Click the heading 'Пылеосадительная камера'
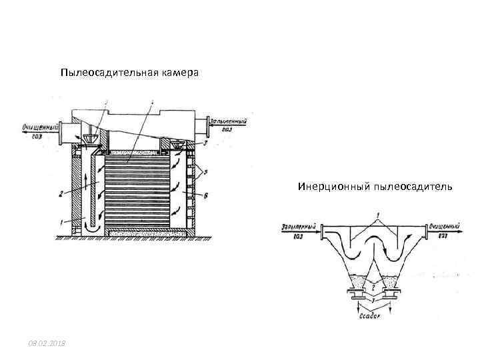tap(129, 72)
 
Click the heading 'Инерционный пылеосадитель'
tap(375, 187)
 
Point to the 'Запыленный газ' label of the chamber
tap(229, 125)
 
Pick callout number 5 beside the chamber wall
tap(206, 173)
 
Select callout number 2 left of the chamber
tap(60, 195)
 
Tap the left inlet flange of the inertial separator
tap(323, 233)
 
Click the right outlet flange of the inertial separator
tap(427, 233)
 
